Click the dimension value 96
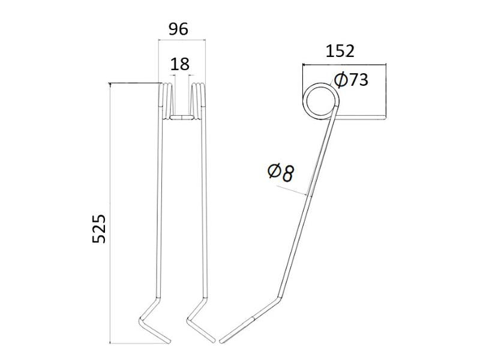[179, 29]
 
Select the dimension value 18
[179, 64]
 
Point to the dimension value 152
[340, 51]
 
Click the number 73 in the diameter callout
[358, 80]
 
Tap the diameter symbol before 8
[273, 173]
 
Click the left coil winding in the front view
[166, 98]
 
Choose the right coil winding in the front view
[199, 98]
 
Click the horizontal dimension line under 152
[344, 63]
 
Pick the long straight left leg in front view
[160, 210]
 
